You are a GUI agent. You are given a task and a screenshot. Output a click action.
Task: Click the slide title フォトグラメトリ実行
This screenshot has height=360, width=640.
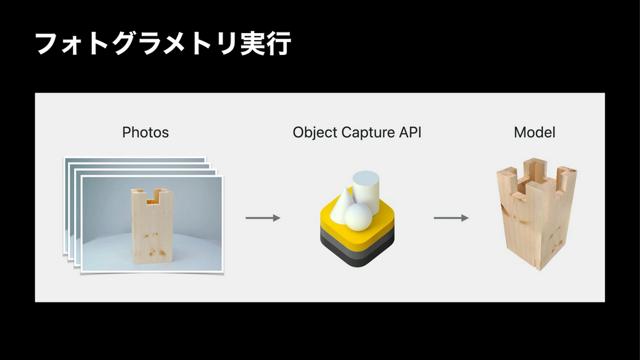coord(163,44)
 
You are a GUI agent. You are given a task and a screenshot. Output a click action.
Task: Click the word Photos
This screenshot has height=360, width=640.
coord(145,132)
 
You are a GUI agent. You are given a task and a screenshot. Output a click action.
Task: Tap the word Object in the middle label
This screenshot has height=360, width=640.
coord(315,132)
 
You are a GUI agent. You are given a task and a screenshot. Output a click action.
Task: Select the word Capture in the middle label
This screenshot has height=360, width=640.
coord(368,132)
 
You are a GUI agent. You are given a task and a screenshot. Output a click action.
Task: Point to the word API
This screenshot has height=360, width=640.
coord(410,132)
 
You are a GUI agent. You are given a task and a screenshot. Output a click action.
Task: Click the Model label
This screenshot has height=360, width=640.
coord(534,132)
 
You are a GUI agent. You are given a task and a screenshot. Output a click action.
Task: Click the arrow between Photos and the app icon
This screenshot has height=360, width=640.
coord(263,218)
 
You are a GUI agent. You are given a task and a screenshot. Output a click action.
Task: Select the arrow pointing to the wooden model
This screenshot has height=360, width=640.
coord(451,218)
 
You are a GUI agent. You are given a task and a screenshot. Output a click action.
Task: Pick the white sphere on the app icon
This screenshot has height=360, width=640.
coord(358,217)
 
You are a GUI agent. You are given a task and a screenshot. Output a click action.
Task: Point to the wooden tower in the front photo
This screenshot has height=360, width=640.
coord(152,226)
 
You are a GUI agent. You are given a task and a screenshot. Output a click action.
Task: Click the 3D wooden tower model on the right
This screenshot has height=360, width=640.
coord(536,214)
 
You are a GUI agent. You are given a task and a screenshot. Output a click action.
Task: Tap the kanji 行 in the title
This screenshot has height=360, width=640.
coord(279,44)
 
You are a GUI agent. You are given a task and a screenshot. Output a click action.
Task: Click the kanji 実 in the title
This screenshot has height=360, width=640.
coord(253,44)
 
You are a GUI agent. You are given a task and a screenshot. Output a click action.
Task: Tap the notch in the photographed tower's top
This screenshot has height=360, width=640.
coord(152,197)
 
